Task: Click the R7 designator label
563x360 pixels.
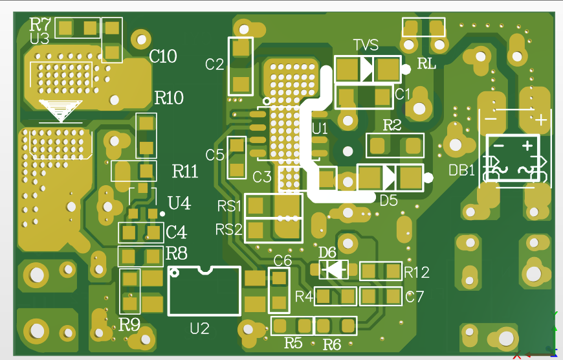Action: point(40,25)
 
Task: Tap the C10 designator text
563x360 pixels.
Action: point(162,57)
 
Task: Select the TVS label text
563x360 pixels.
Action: point(366,45)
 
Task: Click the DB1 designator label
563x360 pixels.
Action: point(462,170)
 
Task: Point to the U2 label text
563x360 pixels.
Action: point(199,329)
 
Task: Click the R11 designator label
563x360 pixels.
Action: point(185,172)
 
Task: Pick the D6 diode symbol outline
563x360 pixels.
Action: point(334,269)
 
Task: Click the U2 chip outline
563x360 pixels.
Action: point(204,291)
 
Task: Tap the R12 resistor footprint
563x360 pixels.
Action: point(381,271)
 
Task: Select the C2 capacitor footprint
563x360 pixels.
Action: point(241,65)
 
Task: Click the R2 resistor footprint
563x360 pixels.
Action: point(395,145)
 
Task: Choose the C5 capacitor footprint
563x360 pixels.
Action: point(237,157)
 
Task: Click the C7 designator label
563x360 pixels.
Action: point(414,297)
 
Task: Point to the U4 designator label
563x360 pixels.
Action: point(179,203)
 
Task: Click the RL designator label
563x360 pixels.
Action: point(426,63)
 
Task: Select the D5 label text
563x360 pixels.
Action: point(388,201)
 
